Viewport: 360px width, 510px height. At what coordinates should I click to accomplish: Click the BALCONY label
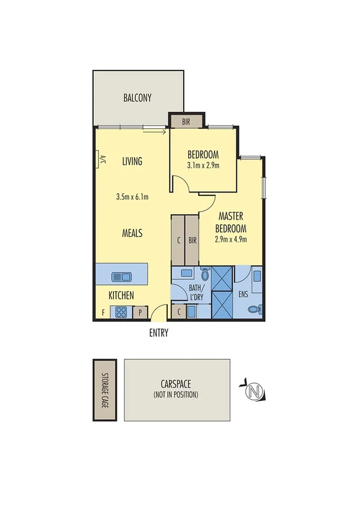point(137,98)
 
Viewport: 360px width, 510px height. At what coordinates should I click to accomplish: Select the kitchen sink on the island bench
point(122,277)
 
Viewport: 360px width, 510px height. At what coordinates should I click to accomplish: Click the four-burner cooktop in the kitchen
point(121,312)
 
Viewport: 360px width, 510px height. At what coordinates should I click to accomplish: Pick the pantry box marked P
point(141,312)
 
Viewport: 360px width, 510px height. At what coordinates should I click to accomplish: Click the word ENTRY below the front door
point(159,333)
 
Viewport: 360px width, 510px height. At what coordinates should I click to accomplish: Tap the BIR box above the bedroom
point(186,121)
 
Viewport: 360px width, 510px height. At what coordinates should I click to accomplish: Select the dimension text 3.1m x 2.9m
point(203,165)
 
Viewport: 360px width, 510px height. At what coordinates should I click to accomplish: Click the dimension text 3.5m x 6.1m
point(132,197)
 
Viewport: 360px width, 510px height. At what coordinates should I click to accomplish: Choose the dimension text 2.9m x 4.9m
point(231,239)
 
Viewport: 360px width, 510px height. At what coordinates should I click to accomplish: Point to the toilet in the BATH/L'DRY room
point(206,275)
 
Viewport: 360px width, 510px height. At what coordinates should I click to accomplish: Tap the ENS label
point(243,295)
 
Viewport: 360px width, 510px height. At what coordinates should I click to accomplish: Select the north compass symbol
point(255,392)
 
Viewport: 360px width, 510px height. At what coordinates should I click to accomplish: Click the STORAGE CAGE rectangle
point(104,390)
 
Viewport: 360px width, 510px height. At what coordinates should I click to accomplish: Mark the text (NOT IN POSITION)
point(177,395)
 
